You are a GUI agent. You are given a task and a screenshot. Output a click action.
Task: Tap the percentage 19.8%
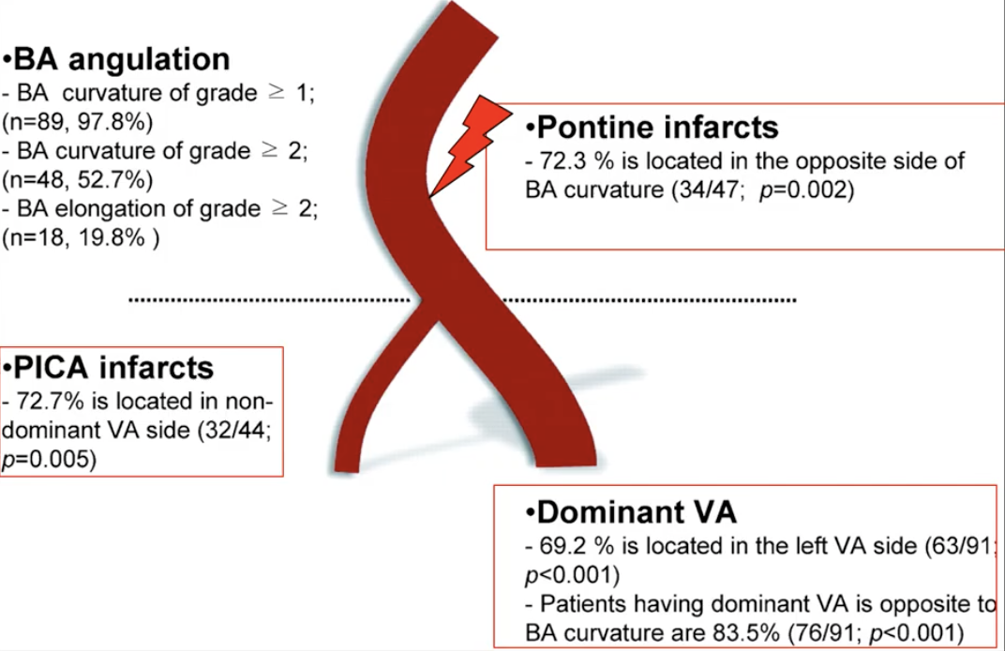(112, 238)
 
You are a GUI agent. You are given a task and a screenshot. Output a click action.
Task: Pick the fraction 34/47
(710, 190)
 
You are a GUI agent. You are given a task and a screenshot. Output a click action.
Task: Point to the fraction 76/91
(825, 633)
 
